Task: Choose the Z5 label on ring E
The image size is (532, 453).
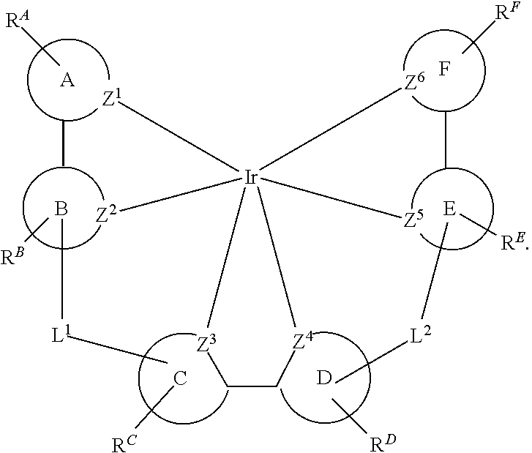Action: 413,220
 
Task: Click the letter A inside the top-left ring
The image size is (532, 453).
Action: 67,81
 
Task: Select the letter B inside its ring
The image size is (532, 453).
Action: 61,209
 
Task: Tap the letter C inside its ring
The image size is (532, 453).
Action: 180,378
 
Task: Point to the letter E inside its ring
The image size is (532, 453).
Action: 451,209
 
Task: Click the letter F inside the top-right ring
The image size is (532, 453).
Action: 444,70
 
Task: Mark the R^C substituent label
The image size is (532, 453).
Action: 121,441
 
